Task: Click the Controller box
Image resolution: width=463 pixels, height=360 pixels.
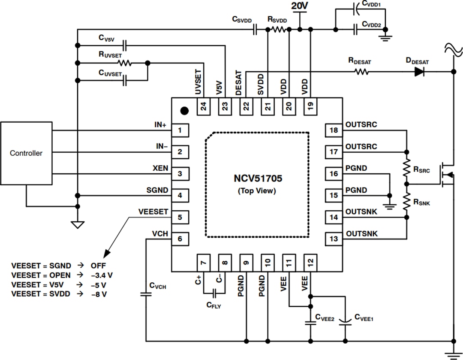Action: coord(26,153)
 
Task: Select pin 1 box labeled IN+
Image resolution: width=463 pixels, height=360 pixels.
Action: coord(180,130)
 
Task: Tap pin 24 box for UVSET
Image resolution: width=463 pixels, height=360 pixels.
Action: coord(204,106)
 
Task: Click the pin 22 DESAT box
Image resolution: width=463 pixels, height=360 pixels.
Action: coord(246,106)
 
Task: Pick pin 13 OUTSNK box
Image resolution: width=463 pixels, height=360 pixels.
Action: coord(334,239)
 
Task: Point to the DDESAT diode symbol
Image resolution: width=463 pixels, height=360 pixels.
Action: coord(420,72)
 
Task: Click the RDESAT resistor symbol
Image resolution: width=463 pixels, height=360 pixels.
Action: coord(361,72)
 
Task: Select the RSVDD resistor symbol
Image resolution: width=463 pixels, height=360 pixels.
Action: coord(277,30)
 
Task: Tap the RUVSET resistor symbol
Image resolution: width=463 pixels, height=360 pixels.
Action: coord(125,63)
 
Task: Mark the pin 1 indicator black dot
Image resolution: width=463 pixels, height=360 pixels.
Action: coord(184,111)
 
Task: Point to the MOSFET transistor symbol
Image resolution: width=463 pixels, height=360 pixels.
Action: coord(446,174)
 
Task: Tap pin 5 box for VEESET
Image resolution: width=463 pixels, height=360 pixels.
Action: coord(180,218)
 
